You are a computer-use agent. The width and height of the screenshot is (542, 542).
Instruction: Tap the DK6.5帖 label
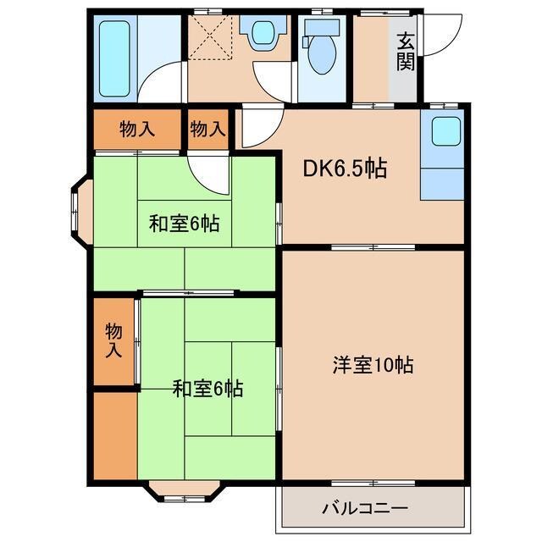click(x=346, y=169)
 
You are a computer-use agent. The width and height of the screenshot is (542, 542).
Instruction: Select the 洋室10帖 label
click(x=372, y=366)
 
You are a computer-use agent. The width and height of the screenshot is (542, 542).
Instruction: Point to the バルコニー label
click(x=365, y=510)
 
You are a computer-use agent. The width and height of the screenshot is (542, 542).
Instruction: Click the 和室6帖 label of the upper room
click(x=184, y=224)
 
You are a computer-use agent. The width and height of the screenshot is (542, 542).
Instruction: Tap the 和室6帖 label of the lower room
click(x=207, y=389)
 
